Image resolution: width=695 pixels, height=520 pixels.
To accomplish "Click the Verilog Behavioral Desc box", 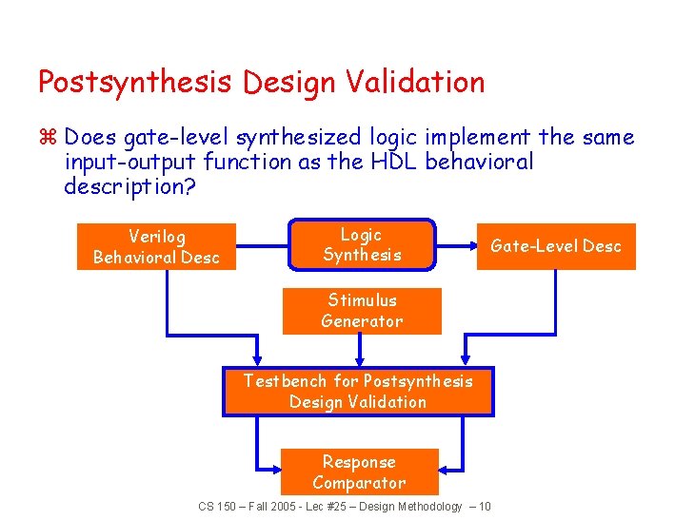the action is pyautogui.click(x=156, y=246).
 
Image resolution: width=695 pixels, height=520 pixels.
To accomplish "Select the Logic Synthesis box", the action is pyautogui.click(x=362, y=244).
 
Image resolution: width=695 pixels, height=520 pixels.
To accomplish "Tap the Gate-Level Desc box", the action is pyautogui.click(x=556, y=246).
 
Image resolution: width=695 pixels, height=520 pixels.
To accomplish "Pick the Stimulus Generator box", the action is pyautogui.click(x=362, y=311).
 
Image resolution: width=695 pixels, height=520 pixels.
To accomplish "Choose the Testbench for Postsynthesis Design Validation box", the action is pyautogui.click(x=358, y=392).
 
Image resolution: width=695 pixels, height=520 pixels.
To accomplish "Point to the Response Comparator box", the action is pyautogui.click(x=359, y=472).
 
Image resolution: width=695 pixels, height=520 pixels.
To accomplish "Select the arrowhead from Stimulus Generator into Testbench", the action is pyautogui.click(x=360, y=361).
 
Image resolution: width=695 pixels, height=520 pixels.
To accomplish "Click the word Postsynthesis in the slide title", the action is pyautogui.click(x=134, y=83).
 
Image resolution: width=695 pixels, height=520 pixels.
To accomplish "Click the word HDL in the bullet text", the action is pyautogui.click(x=394, y=162).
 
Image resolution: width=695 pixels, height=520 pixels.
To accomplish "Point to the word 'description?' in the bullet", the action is pyautogui.click(x=129, y=186).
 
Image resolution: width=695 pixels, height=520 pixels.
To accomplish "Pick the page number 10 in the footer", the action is pyautogui.click(x=485, y=507).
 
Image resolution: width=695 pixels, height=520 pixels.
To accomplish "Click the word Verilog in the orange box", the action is pyautogui.click(x=156, y=236).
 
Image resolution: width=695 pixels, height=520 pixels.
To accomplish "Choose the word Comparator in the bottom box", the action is pyautogui.click(x=359, y=483).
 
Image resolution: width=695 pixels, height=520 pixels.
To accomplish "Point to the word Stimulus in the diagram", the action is pyautogui.click(x=362, y=300).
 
